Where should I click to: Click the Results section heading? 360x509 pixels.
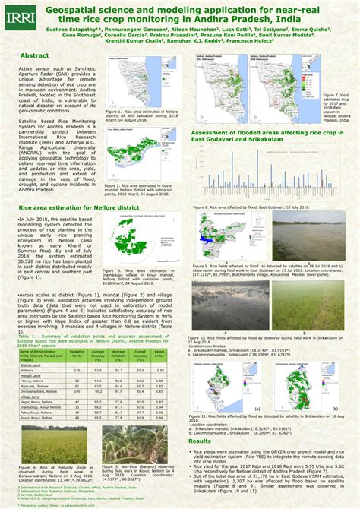click(200, 441)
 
